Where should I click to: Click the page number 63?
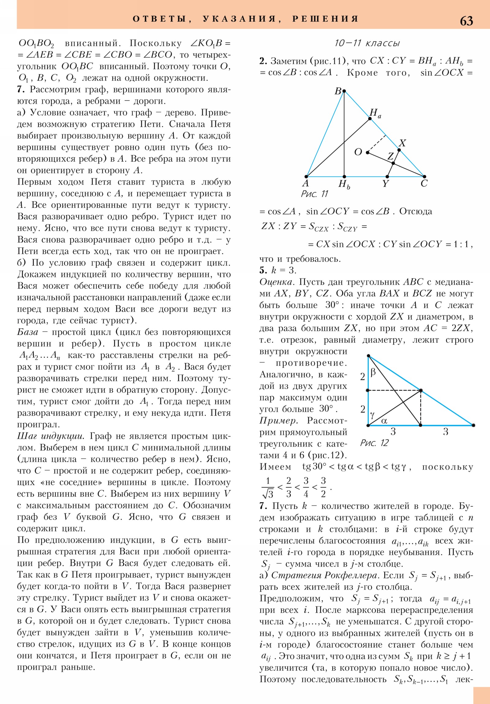(x=466, y=21)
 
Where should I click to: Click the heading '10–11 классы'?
(x=367, y=43)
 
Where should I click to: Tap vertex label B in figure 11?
(x=338, y=91)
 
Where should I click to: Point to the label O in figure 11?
(x=358, y=152)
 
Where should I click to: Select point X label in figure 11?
(x=402, y=143)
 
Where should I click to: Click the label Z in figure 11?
(x=390, y=156)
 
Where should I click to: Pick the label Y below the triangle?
(x=385, y=184)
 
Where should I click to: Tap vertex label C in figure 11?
(x=424, y=184)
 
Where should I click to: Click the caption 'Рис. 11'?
(x=315, y=194)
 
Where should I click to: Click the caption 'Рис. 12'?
(x=374, y=443)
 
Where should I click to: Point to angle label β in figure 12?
(x=373, y=373)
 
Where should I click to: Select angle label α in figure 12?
(x=384, y=421)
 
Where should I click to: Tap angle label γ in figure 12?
(x=372, y=415)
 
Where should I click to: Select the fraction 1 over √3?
(x=268, y=487)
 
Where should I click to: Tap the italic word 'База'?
(x=28, y=332)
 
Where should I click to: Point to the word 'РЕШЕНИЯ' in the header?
(x=325, y=19)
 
